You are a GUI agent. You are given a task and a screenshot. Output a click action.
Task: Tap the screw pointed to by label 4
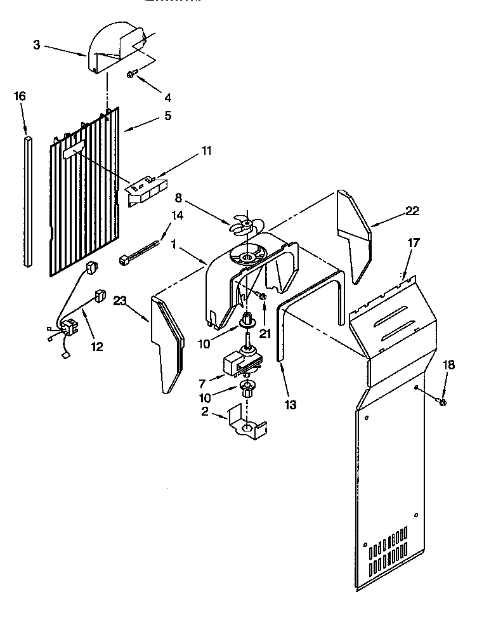(x=131, y=75)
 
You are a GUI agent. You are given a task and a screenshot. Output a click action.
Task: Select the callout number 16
(x=20, y=96)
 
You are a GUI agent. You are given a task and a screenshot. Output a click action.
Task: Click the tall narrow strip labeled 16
(x=28, y=200)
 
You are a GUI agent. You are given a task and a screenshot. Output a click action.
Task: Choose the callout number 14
(x=177, y=215)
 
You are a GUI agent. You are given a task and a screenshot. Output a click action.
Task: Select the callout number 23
(x=121, y=301)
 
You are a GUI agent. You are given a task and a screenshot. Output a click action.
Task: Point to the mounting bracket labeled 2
(x=251, y=425)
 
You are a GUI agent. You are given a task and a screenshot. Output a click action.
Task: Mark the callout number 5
(x=167, y=115)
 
